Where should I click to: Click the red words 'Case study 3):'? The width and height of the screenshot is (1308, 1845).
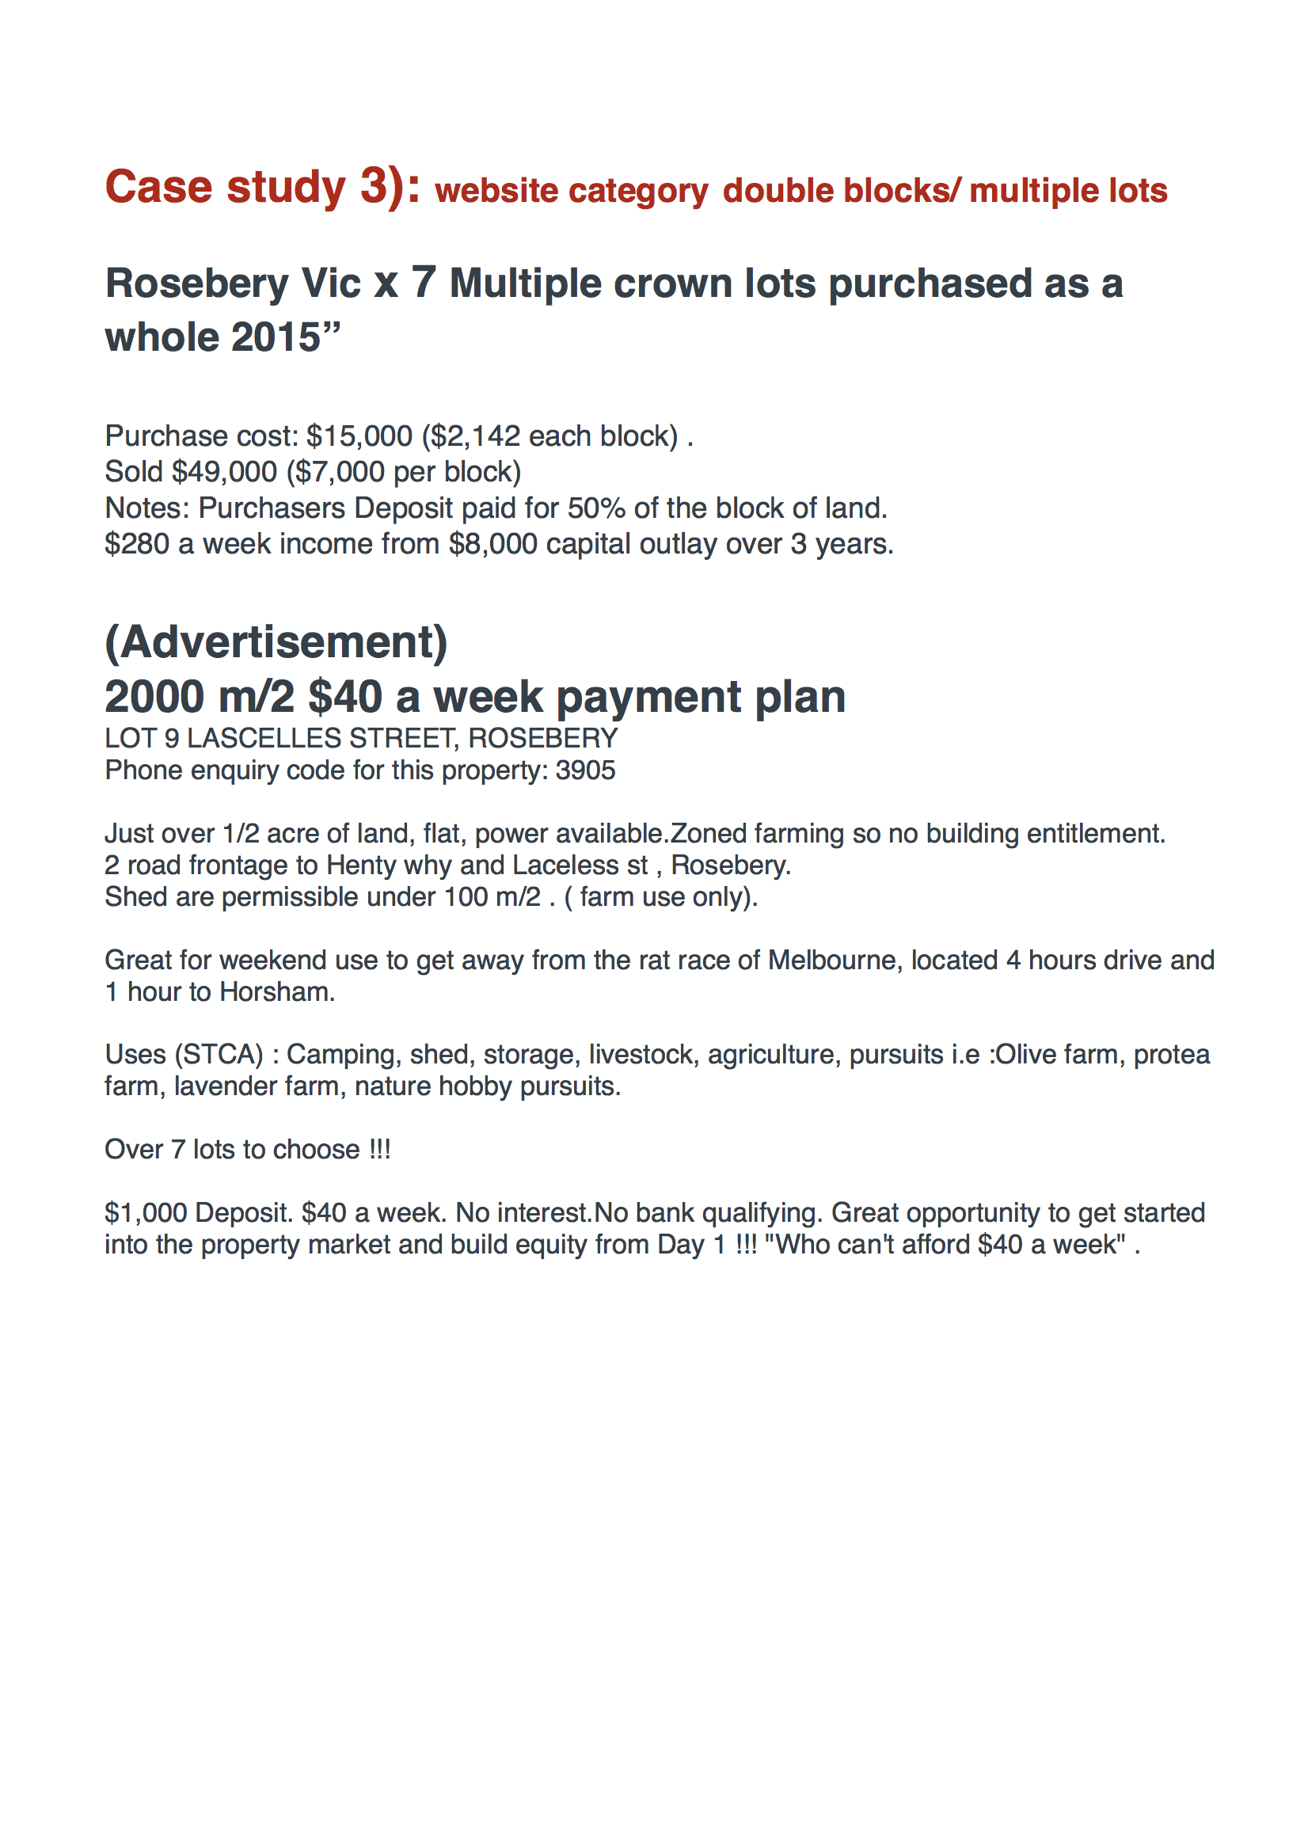pos(263,188)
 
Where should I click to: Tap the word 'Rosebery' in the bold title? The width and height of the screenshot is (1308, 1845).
pos(197,283)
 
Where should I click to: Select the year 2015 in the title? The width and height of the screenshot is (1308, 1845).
pos(276,337)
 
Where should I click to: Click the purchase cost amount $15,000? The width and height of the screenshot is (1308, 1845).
pos(359,436)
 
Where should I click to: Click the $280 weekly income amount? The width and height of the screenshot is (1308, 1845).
pos(137,545)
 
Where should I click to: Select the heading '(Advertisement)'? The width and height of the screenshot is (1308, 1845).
pos(276,643)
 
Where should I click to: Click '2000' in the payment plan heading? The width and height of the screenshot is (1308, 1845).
pos(154,698)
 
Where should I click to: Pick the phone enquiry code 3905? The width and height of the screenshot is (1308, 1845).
pos(586,770)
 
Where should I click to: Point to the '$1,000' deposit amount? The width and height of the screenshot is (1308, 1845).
pos(146,1213)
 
